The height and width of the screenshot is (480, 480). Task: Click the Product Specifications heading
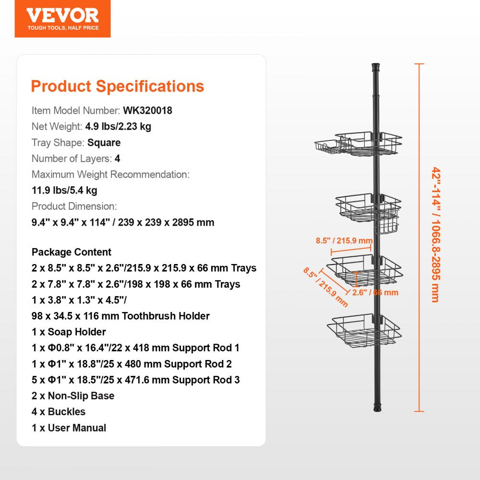[118, 86]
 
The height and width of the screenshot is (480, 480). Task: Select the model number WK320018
[147, 110]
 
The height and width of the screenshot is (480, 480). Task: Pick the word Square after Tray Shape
[104, 143]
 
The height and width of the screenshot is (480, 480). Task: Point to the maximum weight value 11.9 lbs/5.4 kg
[64, 190]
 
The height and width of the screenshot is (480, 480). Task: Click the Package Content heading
[72, 252]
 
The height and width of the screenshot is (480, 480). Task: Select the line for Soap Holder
[69, 332]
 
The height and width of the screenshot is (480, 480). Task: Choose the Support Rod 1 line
[135, 348]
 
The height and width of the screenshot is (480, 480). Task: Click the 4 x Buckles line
[59, 412]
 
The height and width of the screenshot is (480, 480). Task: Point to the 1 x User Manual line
[69, 428]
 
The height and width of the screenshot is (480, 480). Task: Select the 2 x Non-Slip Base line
[73, 396]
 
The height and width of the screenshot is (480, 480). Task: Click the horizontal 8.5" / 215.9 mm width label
[344, 240]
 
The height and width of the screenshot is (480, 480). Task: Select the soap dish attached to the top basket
[327, 147]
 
